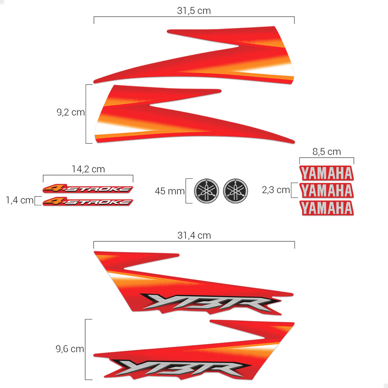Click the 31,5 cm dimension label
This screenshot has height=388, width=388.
pos(194,11)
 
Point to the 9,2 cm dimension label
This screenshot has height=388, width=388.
pos(70,112)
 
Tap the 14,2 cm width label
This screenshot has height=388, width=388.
pos(88,169)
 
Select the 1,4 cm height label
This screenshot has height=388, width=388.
pos(20,200)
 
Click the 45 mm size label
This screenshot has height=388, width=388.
pos(170,191)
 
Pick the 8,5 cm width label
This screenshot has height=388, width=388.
pos(327,152)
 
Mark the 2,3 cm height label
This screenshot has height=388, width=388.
pos(276,190)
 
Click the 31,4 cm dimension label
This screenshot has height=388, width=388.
pos(194,235)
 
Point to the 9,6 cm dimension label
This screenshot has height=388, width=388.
pos(70,349)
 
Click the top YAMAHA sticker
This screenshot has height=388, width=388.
pos(327,173)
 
